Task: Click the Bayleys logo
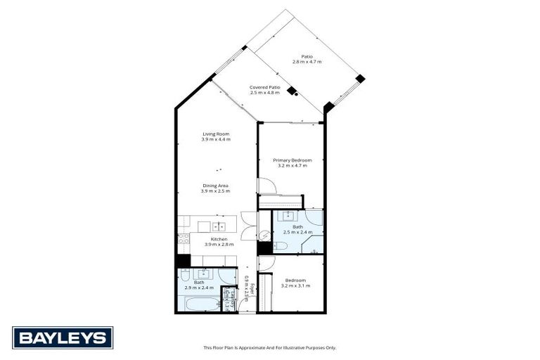63,337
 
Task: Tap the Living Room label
216,136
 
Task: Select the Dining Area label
216,188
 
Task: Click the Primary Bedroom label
292,162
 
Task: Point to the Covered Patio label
264,90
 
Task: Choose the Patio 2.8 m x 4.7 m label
307,59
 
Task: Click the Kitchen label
218,241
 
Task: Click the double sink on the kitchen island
219,226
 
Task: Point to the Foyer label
247,289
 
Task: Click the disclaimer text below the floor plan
270,347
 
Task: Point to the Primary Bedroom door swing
266,186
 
